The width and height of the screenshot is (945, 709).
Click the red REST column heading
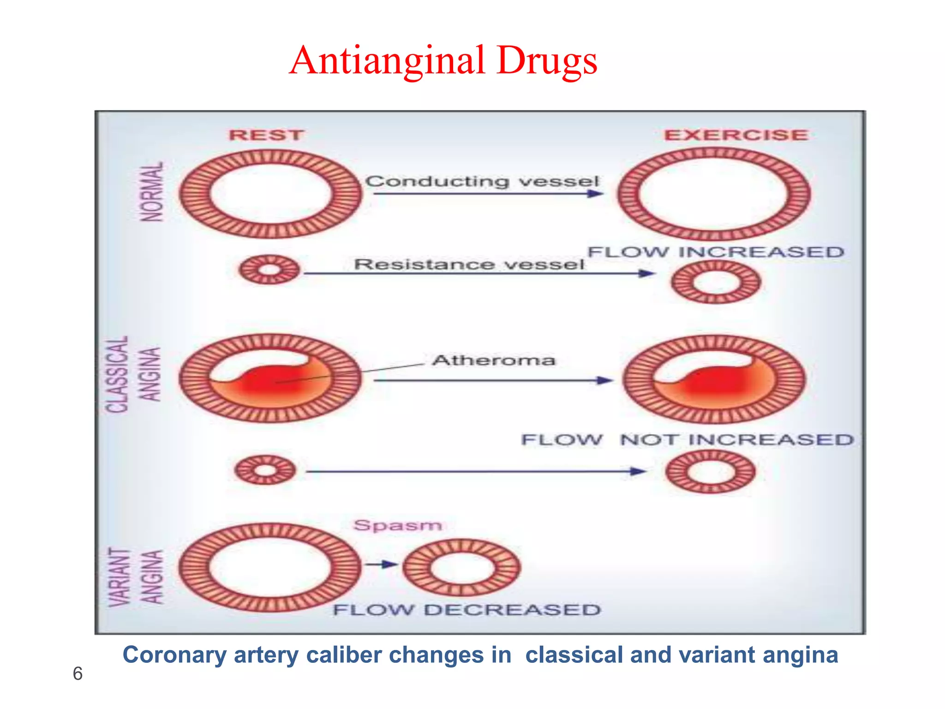pos(266,135)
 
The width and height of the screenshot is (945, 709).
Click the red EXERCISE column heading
pos(736,135)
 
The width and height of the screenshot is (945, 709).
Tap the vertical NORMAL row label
pos(152,192)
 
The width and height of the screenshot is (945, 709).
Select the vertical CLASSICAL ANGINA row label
pos(133,374)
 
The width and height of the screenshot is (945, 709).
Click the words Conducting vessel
pos(482,181)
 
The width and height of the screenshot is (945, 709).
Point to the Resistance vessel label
pos(469,264)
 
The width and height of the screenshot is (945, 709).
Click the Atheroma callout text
pos(494,360)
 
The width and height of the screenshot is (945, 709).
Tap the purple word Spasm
pos(398,525)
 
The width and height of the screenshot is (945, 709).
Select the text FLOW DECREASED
pos(467,610)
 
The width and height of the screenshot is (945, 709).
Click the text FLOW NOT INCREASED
pos(688,439)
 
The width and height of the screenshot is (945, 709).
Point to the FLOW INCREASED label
pos(716,252)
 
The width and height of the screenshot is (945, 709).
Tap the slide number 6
pos(78,674)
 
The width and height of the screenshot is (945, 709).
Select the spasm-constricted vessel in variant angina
pos(461,567)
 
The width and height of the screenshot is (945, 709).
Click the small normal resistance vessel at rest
pos(269,270)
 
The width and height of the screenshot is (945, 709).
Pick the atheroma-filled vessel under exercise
pos(714,379)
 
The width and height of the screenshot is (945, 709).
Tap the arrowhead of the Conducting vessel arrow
pos(596,193)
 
